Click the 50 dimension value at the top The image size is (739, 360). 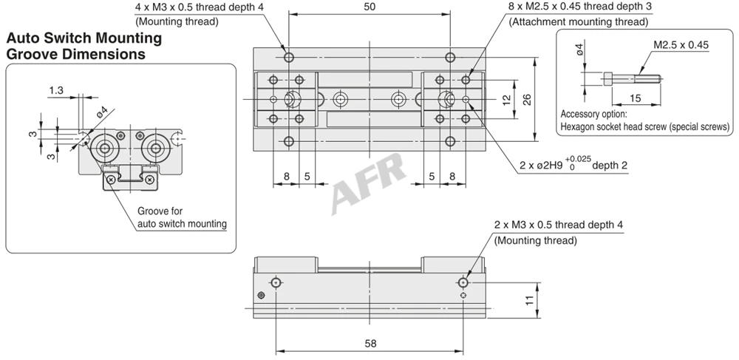pos(370,7)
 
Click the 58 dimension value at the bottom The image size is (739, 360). pos(371,344)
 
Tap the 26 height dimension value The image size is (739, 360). pos(527,99)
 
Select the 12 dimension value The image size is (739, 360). pos(507,99)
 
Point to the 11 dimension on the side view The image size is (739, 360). pos(530,299)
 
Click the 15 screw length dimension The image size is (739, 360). pos(636,98)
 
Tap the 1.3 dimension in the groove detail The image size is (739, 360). pos(56,90)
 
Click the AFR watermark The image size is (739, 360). pos(369,183)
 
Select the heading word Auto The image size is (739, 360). pos(25,38)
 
